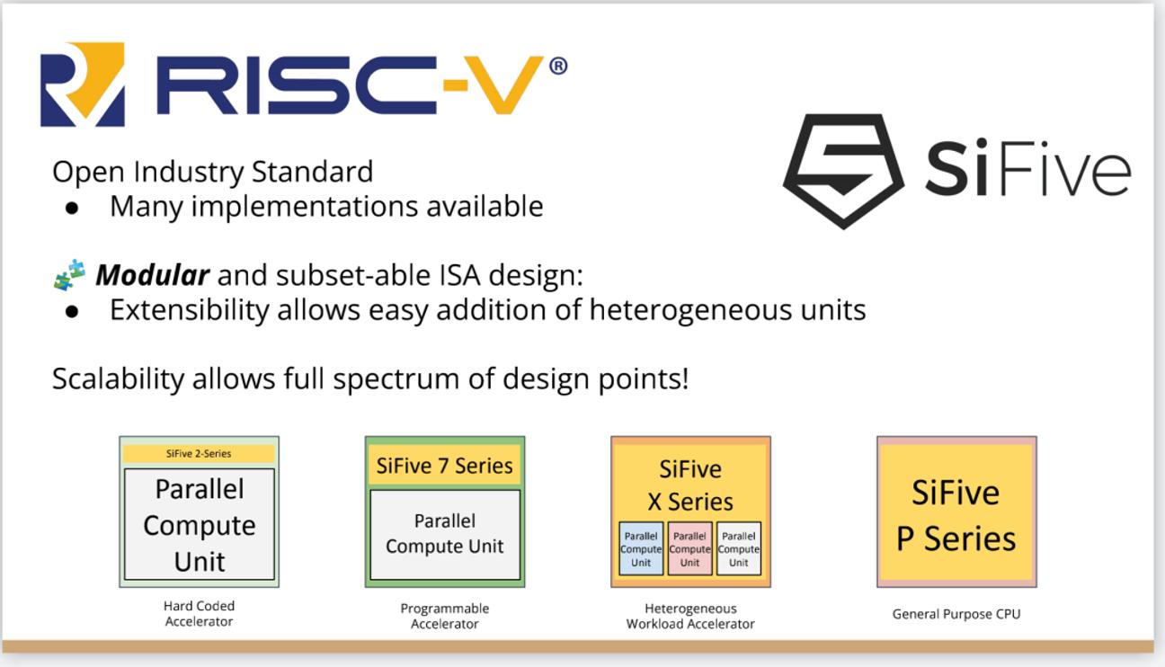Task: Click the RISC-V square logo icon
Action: pyautogui.click(x=82, y=84)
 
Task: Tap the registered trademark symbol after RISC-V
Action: pyautogui.click(x=558, y=67)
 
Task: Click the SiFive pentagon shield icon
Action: pyautogui.click(x=843, y=171)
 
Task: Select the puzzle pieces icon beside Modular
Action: pyautogui.click(x=69, y=274)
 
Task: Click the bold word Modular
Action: pyautogui.click(x=153, y=275)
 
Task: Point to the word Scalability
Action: pyautogui.click(x=118, y=378)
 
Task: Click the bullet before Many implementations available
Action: pyautogui.click(x=72, y=209)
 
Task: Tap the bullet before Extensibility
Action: pyautogui.click(x=72, y=312)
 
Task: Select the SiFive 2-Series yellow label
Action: pyautogui.click(x=199, y=453)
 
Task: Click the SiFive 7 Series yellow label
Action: pyautogui.click(x=445, y=465)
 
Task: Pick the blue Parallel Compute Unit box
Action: pyautogui.click(x=641, y=549)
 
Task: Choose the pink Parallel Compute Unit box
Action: pyautogui.click(x=689, y=549)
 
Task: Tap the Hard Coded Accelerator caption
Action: pyautogui.click(x=199, y=613)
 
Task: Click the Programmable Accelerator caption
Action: pyautogui.click(x=445, y=616)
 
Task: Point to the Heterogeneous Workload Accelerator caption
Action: pyautogui.click(x=690, y=616)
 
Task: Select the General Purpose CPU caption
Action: pyautogui.click(x=956, y=614)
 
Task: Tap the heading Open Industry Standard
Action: pyautogui.click(x=213, y=172)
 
